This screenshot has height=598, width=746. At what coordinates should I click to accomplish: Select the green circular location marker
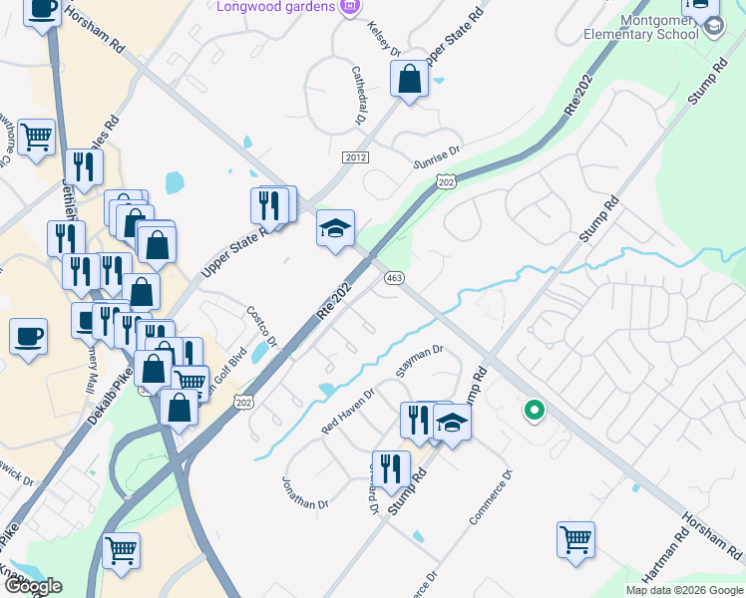534,409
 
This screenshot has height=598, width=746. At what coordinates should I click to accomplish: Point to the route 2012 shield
355,157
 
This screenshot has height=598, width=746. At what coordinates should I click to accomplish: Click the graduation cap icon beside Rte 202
336,228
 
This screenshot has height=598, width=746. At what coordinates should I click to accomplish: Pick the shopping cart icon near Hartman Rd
575,539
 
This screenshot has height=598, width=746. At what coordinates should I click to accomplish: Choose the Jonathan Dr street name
304,491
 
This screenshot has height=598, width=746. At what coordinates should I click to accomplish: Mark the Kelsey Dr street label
383,39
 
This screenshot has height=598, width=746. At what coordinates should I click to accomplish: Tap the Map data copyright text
683,590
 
